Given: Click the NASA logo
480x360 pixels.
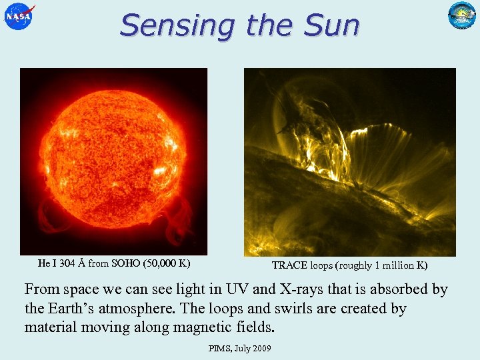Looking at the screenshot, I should tap(19, 16).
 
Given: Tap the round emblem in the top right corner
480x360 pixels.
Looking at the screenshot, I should tap(461, 15).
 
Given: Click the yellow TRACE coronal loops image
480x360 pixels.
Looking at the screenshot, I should tap(349, 162).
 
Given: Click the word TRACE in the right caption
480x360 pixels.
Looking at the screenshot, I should tap(289, 265).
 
